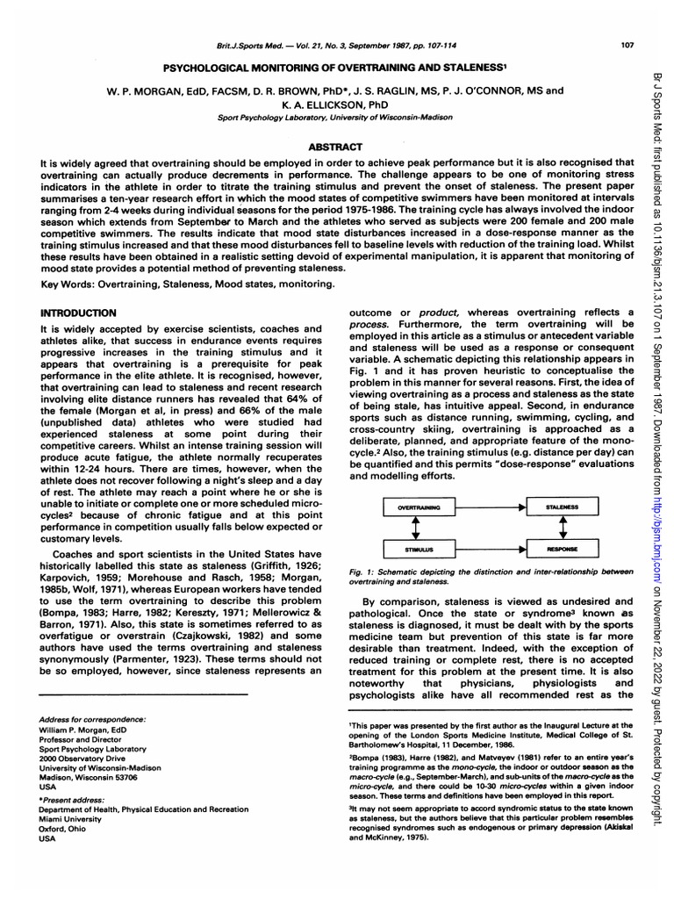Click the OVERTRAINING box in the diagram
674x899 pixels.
pos(419,507)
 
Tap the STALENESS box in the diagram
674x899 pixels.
pos(562,507)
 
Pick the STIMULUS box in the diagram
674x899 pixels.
pos(419,549)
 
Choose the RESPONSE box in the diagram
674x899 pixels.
pos(562,549)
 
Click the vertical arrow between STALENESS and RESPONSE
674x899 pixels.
pos(562,528)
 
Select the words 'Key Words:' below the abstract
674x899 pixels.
pos(68,284)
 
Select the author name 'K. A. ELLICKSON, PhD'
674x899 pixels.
pos(336,102)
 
